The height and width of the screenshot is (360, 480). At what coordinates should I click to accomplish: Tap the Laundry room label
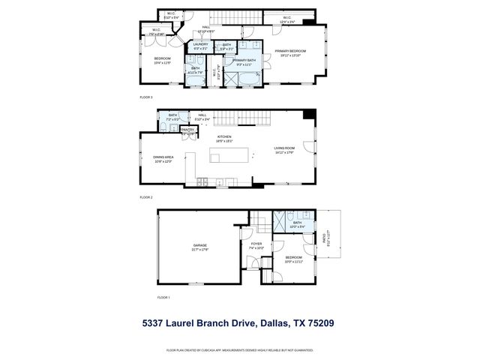pyautogui.click(x=200, y=44)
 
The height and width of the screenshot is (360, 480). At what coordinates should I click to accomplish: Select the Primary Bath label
pyautogui.click(x=244, y=60)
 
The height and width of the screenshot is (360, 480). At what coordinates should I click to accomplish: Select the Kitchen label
pyautogui.click(x=224, y=136)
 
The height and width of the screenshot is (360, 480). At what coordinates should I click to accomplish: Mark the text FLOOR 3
pyautogui.click(x=145, y=97)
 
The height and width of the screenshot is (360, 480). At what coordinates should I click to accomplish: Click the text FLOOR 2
pyautogui.click(x=145, y=197)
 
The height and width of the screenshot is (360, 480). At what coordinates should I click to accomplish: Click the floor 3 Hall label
pyautogui.click(x=205, y=28)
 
